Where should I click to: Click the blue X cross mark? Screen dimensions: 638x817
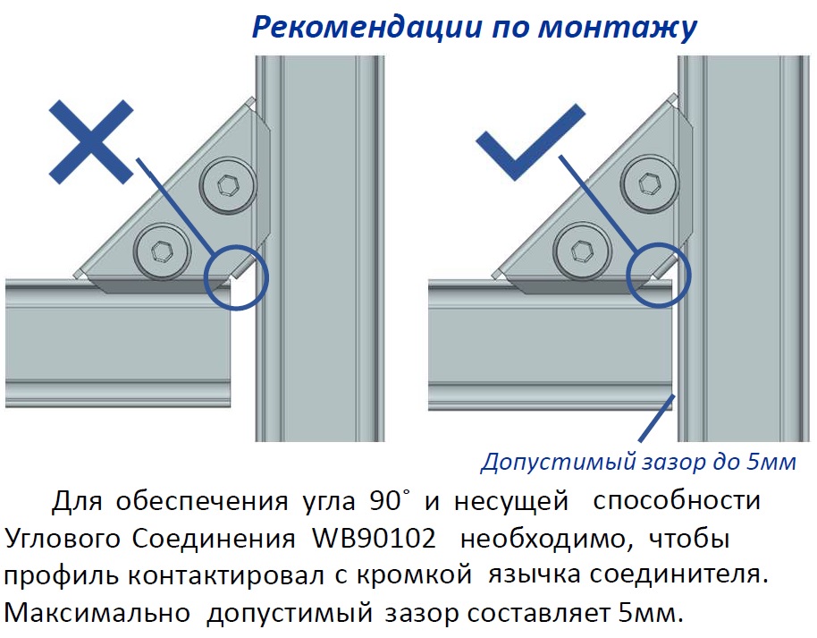pos(92,142)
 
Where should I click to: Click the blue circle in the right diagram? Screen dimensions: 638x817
pos(658,276)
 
